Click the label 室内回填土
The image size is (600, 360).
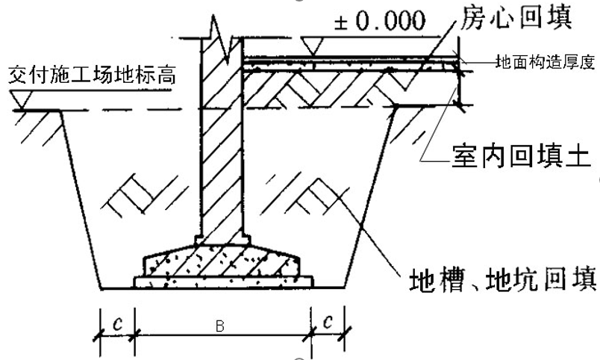(522, 159)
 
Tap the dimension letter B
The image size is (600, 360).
(221, 326)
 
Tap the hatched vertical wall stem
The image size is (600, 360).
(222, 149)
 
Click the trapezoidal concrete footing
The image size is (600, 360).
(224, 258)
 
